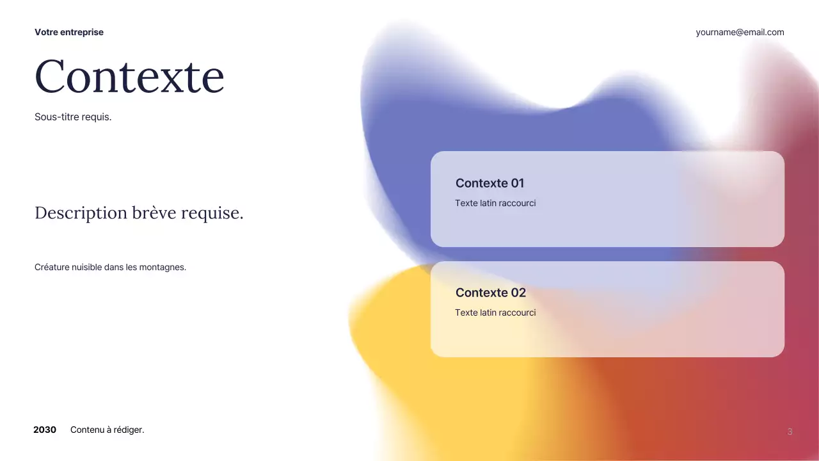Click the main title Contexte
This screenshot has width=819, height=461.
pos(129,76)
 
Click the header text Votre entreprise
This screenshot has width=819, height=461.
pos(69,32)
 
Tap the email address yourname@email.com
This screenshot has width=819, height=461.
pos(740,32)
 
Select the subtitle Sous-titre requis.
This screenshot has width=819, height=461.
pos(73,117)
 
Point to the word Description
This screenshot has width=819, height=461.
pos(81,213)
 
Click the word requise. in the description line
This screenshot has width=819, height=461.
pos(212,213)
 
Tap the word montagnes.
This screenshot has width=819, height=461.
pos(166,267)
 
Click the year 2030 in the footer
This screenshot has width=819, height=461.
pos(45,430)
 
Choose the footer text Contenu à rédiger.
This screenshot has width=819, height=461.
pos(107,430)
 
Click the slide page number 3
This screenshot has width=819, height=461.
pos(790,432)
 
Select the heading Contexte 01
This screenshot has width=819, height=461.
pos(489,183)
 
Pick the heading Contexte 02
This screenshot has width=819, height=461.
pos(490,293)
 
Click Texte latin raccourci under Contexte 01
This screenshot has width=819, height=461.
pos(495,203)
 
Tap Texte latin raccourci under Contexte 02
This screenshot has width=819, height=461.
pos(495,312)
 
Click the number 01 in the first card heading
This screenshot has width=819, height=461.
pos(517,183)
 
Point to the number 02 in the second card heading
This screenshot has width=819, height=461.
pos(518,293)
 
